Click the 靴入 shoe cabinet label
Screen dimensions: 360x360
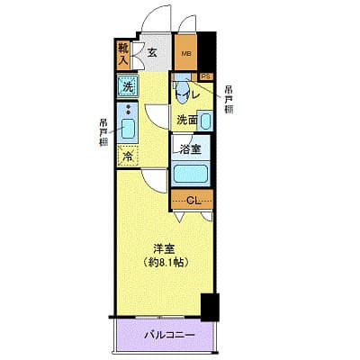pyautogui.click(x=122, y=55)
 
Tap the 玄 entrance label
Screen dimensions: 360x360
pyautogui.click(x=152, y=53)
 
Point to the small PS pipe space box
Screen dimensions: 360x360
pyautogui.click(x=205, y=76)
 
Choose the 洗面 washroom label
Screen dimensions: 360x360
pyautogui.click(x=186, y=120)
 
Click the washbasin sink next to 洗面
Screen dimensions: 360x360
pyautogui.click(x=206, y=121)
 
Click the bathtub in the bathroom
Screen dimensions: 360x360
pyautogui.click(x=192, y=174)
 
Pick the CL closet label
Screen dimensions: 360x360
pyautogui.click(x=191, y=200)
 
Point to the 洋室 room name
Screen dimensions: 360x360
pyautogui.click(x=163, y=248)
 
